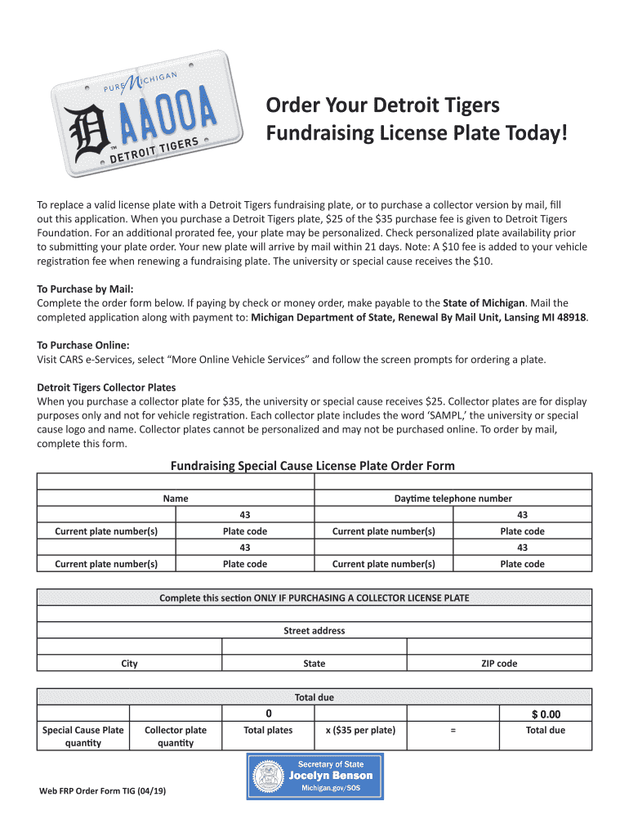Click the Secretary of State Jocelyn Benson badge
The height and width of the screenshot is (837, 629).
314,776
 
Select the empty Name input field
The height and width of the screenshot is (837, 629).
175,481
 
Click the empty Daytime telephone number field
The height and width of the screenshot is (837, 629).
453,481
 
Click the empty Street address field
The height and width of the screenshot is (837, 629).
314,614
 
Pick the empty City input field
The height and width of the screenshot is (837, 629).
129,647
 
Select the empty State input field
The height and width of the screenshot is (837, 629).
314,647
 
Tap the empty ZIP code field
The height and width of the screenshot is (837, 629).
498,647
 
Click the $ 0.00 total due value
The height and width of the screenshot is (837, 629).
545,714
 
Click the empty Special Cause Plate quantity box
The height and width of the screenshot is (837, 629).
83,714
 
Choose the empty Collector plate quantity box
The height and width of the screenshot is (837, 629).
175,714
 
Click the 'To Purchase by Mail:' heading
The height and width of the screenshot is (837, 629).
85,289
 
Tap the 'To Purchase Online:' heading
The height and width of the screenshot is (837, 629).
83,345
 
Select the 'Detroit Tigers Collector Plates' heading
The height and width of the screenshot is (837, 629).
106,387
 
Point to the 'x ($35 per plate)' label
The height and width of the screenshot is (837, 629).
360,730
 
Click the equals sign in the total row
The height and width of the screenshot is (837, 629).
453,730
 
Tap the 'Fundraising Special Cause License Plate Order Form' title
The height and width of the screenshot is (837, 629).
312,466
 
